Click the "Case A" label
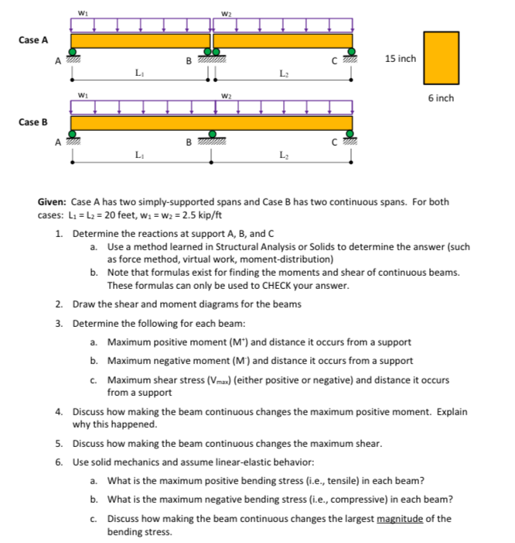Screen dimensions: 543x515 (x=33, y=40)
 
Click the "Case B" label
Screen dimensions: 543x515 (x=33, y=122)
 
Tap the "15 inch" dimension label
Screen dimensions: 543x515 (x=400, y=58)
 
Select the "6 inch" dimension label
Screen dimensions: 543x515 (x=441, y=98)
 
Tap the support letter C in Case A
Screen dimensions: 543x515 (x=333, y=61)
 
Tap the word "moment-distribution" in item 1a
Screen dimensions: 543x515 (x=293, y=259)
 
